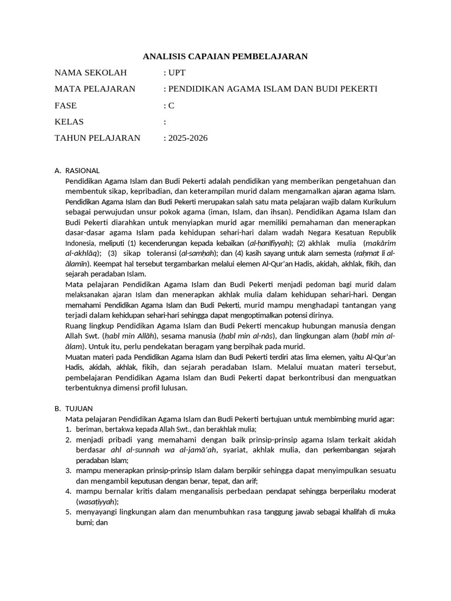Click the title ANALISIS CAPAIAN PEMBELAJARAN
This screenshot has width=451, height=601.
pyautogui.click(x=225, y=56)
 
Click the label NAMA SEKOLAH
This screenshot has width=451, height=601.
pyautogui.click(x=90, y=73)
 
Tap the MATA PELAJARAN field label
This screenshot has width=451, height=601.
pyautogui.click(x=95, y=89)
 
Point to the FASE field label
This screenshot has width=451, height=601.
pyautogui.click(x=65, y=106)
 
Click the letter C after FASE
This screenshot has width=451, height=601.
pyautogui.click(x=171, y=106)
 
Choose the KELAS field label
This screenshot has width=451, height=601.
pyautogui.click(x=69, y=122)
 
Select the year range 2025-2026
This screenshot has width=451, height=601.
pyautogui.click(x=188, y=139)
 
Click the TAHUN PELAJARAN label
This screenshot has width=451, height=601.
pyautogui.click(x=97, y=139)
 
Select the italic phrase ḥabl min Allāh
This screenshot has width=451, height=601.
pyautogui.click(x=130, y=336)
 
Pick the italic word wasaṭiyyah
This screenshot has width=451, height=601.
pyautogui.click(x=97, y=501)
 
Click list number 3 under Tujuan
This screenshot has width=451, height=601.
pyautogui.click(x=68, y=470)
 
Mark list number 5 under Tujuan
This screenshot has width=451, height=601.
pyautogui.click(x=68, y=512)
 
